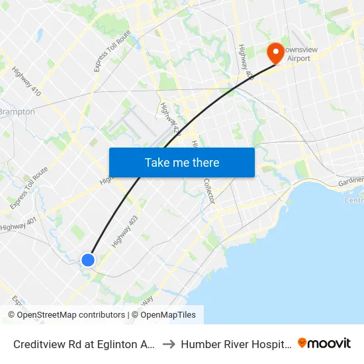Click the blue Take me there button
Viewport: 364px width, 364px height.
181,162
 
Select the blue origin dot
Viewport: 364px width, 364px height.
88,259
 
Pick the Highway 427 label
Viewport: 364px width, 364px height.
169,119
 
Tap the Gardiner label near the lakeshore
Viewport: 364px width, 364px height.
349,180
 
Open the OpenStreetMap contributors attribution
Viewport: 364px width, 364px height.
66,315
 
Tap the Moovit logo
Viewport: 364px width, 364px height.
324,343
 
